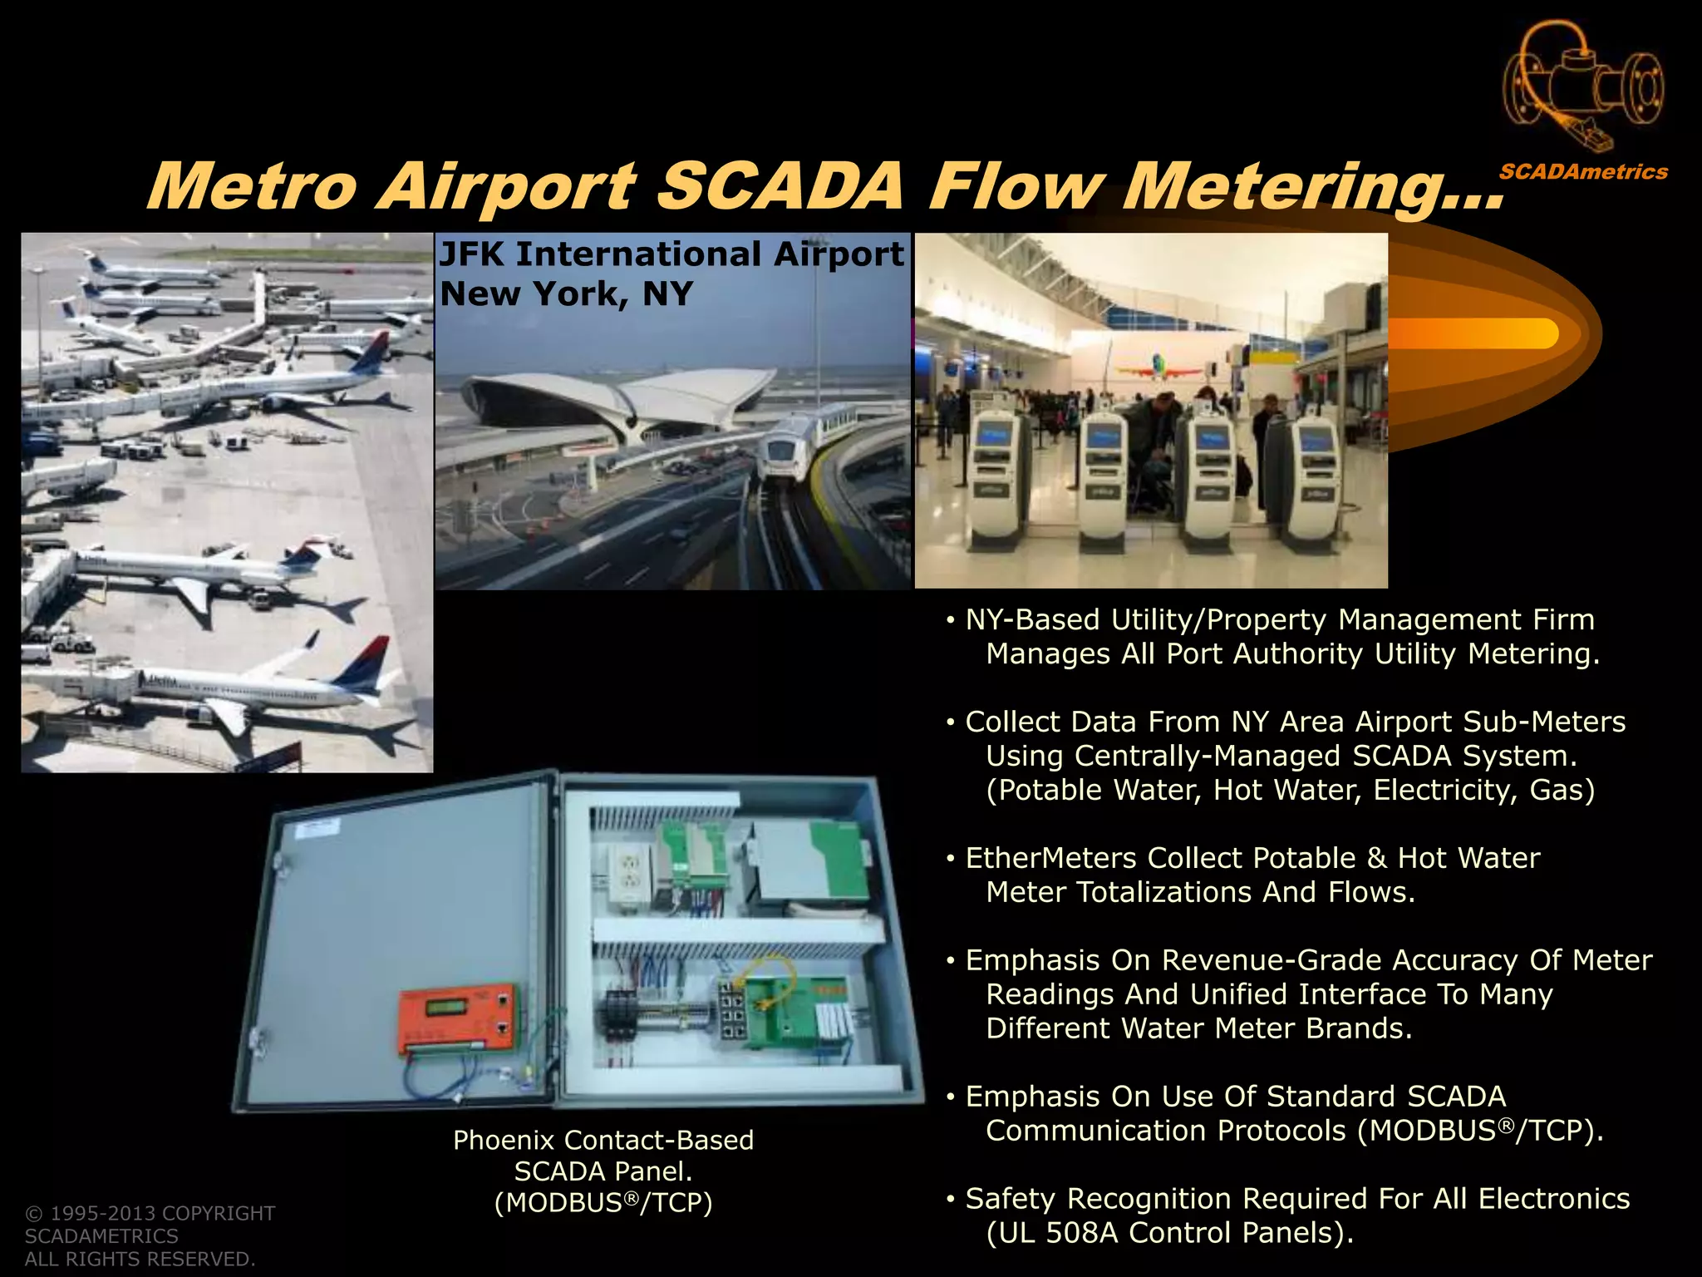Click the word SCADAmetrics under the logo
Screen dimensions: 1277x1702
coord(1583,172)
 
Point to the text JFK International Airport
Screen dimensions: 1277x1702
coord(671,254)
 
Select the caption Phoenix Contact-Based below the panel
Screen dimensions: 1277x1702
coord(603,1140)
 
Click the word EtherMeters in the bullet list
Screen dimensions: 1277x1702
coord(1050,858)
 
